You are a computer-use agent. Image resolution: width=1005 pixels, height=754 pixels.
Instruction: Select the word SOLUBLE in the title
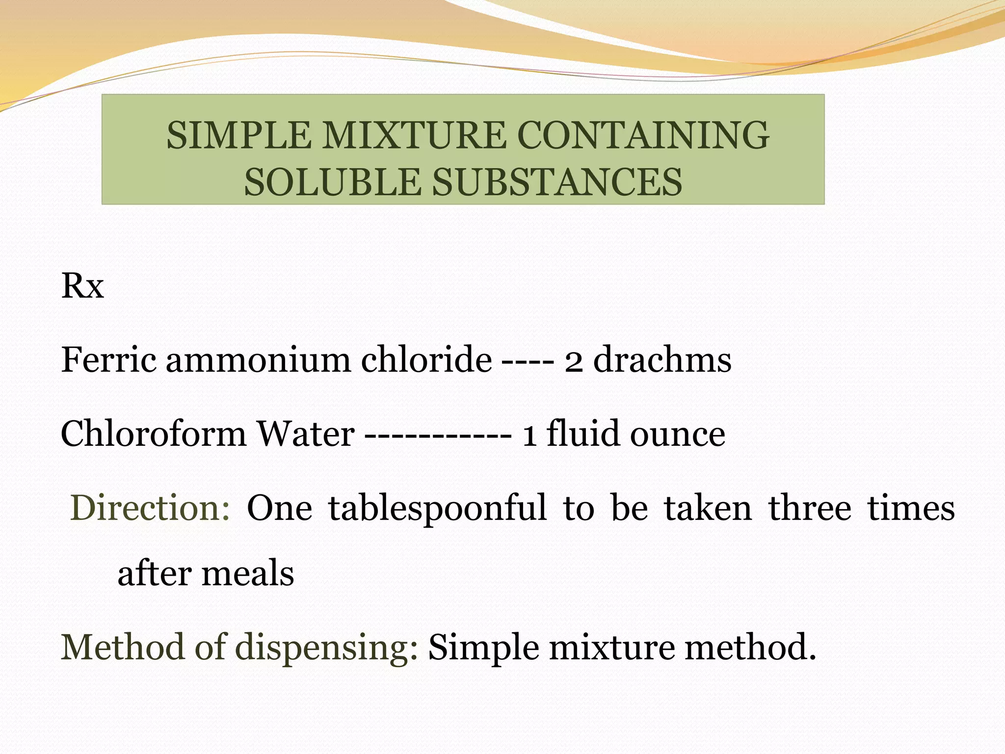(332, 182)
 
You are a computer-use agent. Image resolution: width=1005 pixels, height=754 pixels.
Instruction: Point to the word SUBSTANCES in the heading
(557, 182)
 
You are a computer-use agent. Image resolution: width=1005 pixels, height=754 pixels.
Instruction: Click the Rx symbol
(82, 286)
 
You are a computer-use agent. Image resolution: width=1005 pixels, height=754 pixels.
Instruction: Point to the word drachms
(662, 359)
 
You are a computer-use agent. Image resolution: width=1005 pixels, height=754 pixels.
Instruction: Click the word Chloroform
(153, 433)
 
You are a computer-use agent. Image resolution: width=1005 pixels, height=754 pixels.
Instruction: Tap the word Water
(306, 433)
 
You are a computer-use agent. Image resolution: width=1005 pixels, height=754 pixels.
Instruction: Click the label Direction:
(150, 508)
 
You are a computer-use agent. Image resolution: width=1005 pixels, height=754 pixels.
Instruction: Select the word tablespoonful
(437, 509)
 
